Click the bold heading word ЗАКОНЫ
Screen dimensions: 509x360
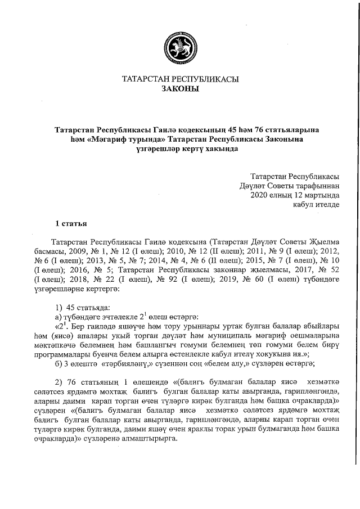pos(180,89)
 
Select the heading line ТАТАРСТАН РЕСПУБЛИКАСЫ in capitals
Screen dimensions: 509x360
pos(180,79)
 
